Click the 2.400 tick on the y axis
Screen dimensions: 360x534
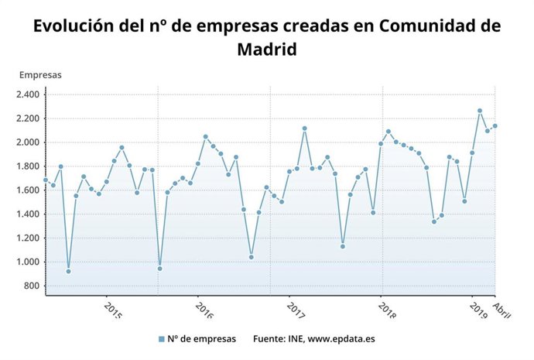pyautogui.click(x=28, y=94)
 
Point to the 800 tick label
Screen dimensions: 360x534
pyautogui.click(x=32, y=286)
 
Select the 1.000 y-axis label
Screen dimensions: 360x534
pyautogui.click(x=28, y=262)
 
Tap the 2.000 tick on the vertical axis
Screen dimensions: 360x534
pyautogui.click(x=28, y=142)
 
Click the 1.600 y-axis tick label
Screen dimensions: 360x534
pyautogui.click(x=28, y=190)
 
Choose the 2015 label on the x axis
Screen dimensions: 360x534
pyautogui.click(x=112, y=310)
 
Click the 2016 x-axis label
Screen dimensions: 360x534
pyautogui.click(x=204, y=310)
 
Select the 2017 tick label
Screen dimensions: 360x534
pyautogui.click(x=295, y=310)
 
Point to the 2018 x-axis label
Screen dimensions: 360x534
pyautogui.click(x=387, y=310)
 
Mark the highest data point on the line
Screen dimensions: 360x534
pyautogui.click(x=480, y=111)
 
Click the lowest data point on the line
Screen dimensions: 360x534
pyautogui.click(x=69, y=271)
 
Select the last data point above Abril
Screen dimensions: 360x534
pyautogui.click(x=495, y=126)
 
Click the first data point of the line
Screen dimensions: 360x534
pyautogui.click(x=46, y=180)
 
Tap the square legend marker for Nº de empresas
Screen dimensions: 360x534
pyautogui.click(x=161, y=339)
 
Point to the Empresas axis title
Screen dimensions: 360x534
pyautogui.click(x=40, y=75)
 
